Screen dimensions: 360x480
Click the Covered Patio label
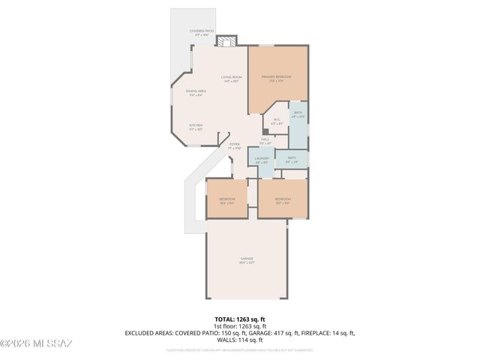[x=202, y=32]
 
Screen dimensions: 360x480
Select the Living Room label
[x=231, y=79]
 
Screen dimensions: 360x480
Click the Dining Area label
[x=196, y=93]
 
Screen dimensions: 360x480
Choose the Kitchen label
[x=195, y=126]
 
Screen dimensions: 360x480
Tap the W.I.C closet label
[x=276, y=121]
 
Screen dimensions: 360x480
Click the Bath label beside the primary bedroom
[x=298, y=113]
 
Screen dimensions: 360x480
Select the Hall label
[x=265, y=140]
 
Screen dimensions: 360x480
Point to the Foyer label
[x=234, y=145]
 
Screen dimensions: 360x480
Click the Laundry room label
[x=262, y=160]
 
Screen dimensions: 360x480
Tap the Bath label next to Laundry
[x=292, y=160]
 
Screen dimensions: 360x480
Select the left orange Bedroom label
[x=227, y=200]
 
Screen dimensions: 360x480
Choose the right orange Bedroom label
[x=282, y=200]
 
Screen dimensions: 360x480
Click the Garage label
[x=246, y=259]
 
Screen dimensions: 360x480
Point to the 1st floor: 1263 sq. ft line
[x=240, y=326]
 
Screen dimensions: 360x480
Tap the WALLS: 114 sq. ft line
[x=240, y=340]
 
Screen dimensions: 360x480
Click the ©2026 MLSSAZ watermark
[x=36, y=343]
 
